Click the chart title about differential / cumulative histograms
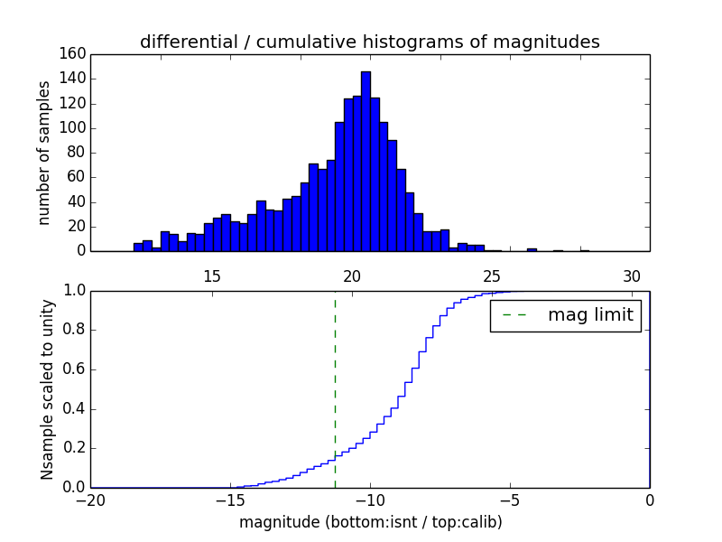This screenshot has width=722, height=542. tap(369, 42)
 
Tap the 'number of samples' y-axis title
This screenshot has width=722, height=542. tap(44, 152)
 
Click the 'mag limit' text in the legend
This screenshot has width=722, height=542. tap(590, 315)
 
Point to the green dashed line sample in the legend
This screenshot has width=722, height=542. tap(514, 315)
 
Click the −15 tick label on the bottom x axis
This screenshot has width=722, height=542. tap(230, 502)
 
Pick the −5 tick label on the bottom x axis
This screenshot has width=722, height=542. tap(510, 502)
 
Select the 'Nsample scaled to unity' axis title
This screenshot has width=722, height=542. tap(47, 388)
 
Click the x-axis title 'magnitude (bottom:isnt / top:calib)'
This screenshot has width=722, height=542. tap(370, 522)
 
